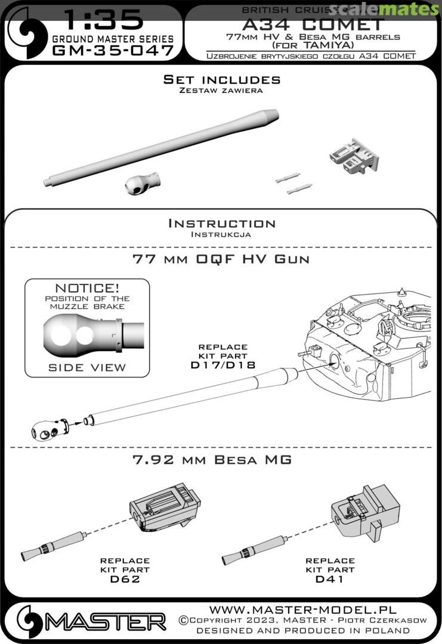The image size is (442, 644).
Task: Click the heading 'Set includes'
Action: [x=222, y=79]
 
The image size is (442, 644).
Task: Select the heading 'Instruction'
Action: [x=222, y=224]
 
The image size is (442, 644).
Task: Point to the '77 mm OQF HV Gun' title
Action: [x=222, y=259]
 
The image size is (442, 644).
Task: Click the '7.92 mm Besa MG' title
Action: [x=222, y=460]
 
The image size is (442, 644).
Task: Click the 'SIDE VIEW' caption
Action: [x=87, y=367]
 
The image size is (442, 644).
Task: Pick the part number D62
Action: [x=125, y=578]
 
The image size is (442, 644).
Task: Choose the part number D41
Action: [x=330, y=578]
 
